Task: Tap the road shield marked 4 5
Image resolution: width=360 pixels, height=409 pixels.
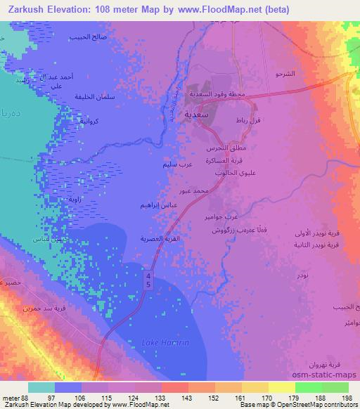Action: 148,280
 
